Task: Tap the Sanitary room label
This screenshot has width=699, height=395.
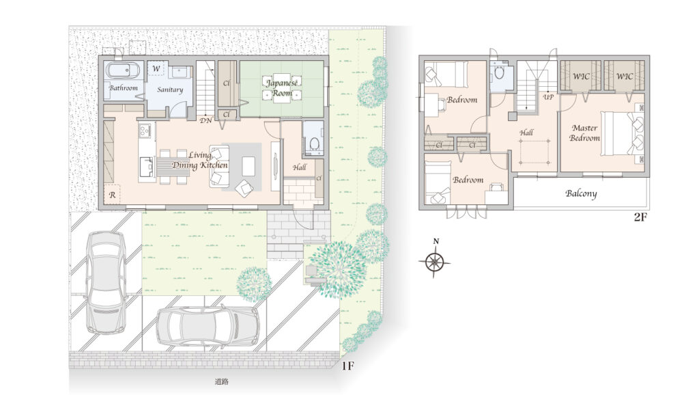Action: click(x=170, y=90)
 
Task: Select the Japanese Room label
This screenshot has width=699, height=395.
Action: click(x=282, y=88)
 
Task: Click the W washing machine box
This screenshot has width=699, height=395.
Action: click(x=156, y=69)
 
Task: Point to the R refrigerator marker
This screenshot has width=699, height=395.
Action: click(x=113, y=195)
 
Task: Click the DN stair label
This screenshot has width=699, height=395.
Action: click(x=205, y=120)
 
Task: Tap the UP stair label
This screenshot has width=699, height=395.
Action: click(x=548, y=97)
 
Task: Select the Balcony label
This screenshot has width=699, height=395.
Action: click(x=581, y=193)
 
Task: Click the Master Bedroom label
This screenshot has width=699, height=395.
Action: click(x=584, y=133)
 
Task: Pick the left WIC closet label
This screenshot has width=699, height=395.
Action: click(x=581, y=77)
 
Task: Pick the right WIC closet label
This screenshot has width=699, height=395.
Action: click(x=624, y=77)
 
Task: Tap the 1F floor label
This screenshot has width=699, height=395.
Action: click(x=347, y=366)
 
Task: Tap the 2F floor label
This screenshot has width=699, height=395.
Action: click(x=640, y=217)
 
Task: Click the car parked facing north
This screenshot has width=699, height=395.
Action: click(x=105, y=282)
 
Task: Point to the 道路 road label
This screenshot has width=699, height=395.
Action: click(x=222, y=381)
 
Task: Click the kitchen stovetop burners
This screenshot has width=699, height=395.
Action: click(x=145, y=131)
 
